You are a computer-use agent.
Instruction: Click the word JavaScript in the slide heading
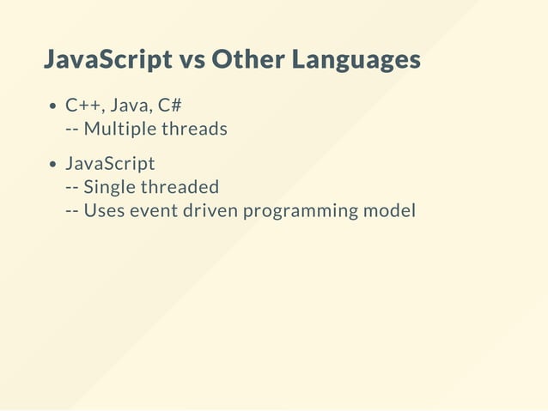(x=107, y=61)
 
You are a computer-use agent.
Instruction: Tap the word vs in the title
(x=192, y=61)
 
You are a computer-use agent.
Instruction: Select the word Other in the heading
(x=247, y=61)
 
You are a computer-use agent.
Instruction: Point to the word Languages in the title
(x=356, y=62)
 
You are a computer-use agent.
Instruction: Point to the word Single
(x=109, y=187)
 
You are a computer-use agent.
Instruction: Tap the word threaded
(x=180, y=187)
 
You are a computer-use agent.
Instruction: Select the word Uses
(x=104, y=210)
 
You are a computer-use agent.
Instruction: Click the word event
(x=153, y=210)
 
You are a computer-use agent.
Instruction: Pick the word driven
(x=210, y=210)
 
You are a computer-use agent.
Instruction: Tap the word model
(x=391, y=210)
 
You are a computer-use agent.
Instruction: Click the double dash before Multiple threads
(x=72, y=130)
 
